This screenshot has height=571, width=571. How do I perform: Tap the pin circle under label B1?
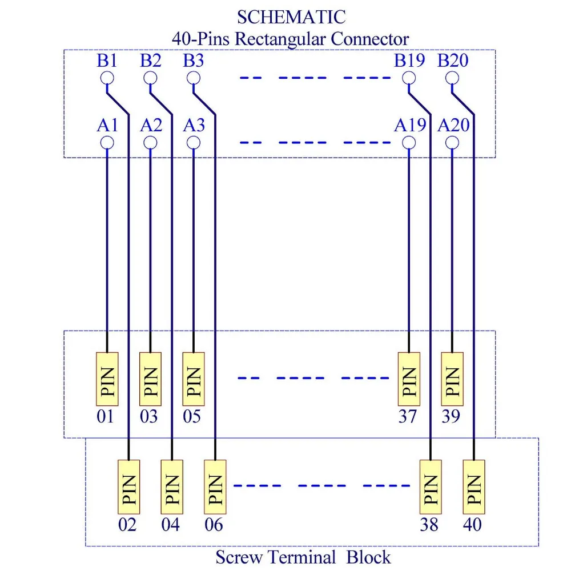tap(107, 78)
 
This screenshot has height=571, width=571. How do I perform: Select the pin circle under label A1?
tap(107, 142)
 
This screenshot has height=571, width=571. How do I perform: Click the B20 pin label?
tap(453, 61)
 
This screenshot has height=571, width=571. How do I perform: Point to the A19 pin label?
tap(409, 124)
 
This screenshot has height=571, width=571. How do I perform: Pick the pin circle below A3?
tap(194, 142)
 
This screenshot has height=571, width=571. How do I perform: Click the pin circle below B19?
tap(409, 78)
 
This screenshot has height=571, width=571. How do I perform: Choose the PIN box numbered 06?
tap(215, 486)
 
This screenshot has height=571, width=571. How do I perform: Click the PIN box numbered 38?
tap(431, 486)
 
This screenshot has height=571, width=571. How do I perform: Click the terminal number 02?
tap(128, 524)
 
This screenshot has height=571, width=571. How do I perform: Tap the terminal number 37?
tap(408, 417)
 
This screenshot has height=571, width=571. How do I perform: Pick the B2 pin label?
tap(151, 61)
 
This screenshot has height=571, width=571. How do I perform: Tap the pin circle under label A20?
tap(452, 142)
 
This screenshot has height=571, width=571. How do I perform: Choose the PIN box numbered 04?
tap(171, 486)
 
